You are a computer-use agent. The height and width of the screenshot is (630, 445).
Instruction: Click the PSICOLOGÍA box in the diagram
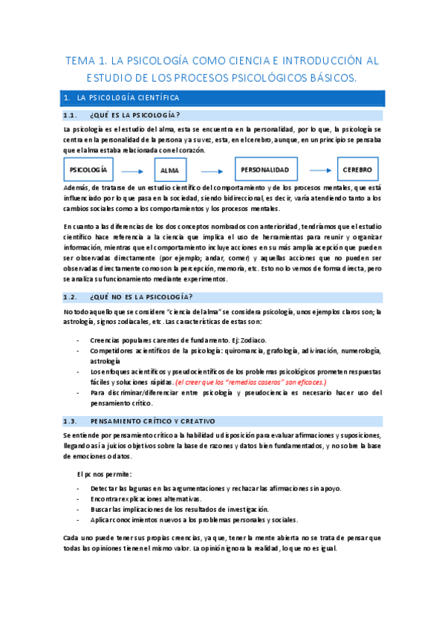pyautogui.click(x=88, y=169)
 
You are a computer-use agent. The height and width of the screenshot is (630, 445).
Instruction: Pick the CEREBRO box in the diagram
pyautogui.click(x=357, y=169)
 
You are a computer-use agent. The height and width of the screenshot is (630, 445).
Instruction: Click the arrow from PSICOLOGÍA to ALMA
pyautogui.click(x=131, y=170)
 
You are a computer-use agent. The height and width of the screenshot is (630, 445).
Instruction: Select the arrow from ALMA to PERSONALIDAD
pyautogui.click(x=212, y=170)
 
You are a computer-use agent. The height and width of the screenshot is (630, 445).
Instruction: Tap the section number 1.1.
pyautogui.click(x=71, y=115)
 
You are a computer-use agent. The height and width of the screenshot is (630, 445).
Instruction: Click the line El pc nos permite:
pyautogui.click(x=105, y=473)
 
